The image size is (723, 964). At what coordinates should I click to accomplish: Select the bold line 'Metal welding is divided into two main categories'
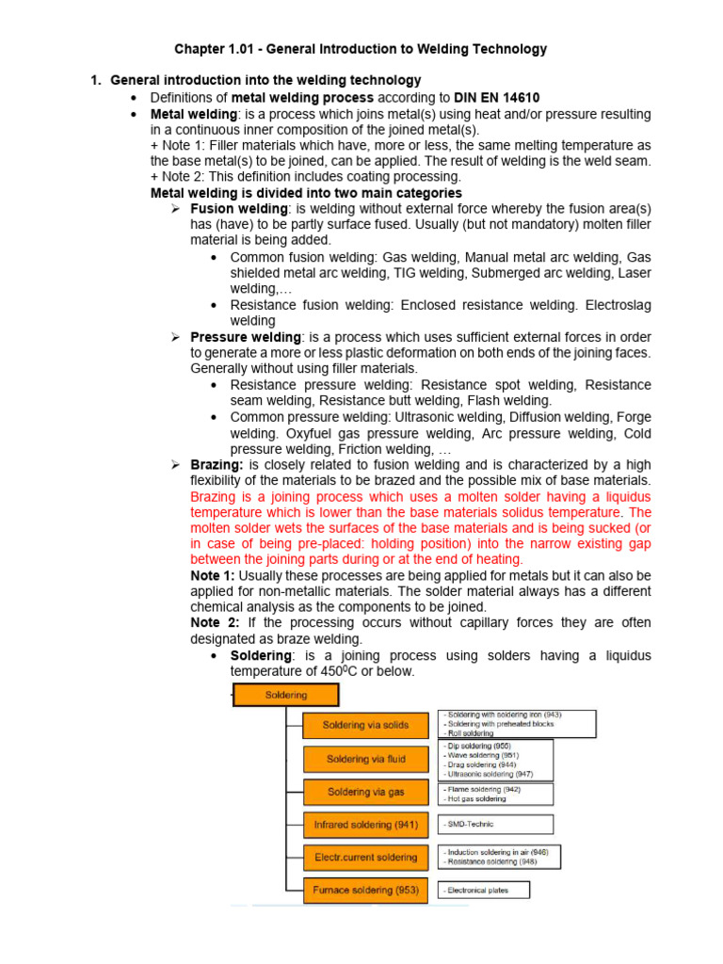pos(307,193)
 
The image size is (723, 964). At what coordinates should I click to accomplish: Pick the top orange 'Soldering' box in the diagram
pos(285,695)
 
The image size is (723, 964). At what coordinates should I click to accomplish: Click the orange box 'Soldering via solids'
pos(366,725)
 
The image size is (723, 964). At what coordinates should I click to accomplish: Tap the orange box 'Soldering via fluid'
pos(366,759)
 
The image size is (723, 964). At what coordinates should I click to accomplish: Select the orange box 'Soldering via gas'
pos(366,792)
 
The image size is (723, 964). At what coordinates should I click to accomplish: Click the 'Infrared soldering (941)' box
pos(366,825)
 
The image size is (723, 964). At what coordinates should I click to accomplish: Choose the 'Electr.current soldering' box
pos(366,858)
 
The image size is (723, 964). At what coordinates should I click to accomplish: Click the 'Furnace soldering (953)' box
pos(366,890)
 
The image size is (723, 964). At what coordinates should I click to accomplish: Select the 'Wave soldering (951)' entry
pos(481,755)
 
